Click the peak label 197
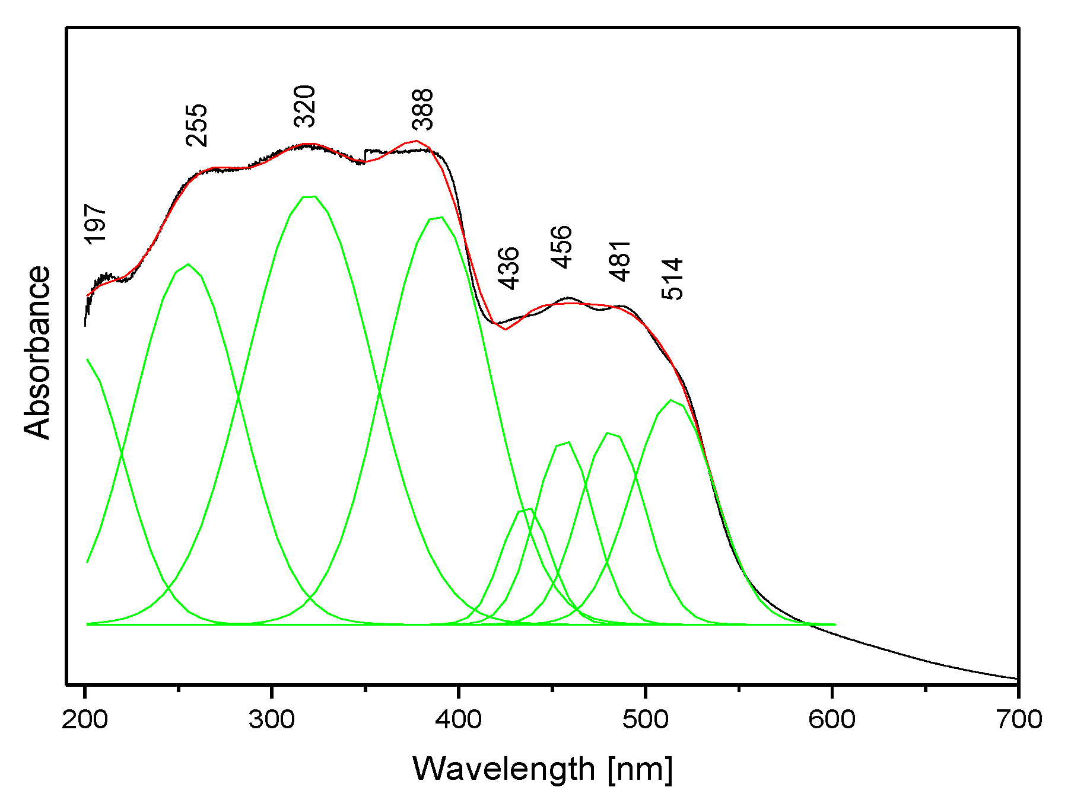click(96, 224)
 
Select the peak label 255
click(197, 125)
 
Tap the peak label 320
click(306, 106)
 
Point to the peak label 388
click(423, 110)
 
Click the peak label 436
click(509, 268)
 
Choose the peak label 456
click(561, 247)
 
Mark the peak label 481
click(620, 260)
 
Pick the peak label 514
click(672, 279)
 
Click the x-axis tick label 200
click(85, 719)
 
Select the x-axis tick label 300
click(272, 719)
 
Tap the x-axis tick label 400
click(458, 719)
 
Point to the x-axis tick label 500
click(645, 719)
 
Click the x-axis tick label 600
click(832, 719)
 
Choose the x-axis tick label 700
click(1018, 719)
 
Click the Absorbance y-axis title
click(37, 352)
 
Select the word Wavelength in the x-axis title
click(504, 769)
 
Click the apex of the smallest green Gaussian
click(526, 509)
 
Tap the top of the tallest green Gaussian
click(310, 196)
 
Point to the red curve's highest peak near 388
click(417, 141)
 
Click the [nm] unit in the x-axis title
click(640, 769)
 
